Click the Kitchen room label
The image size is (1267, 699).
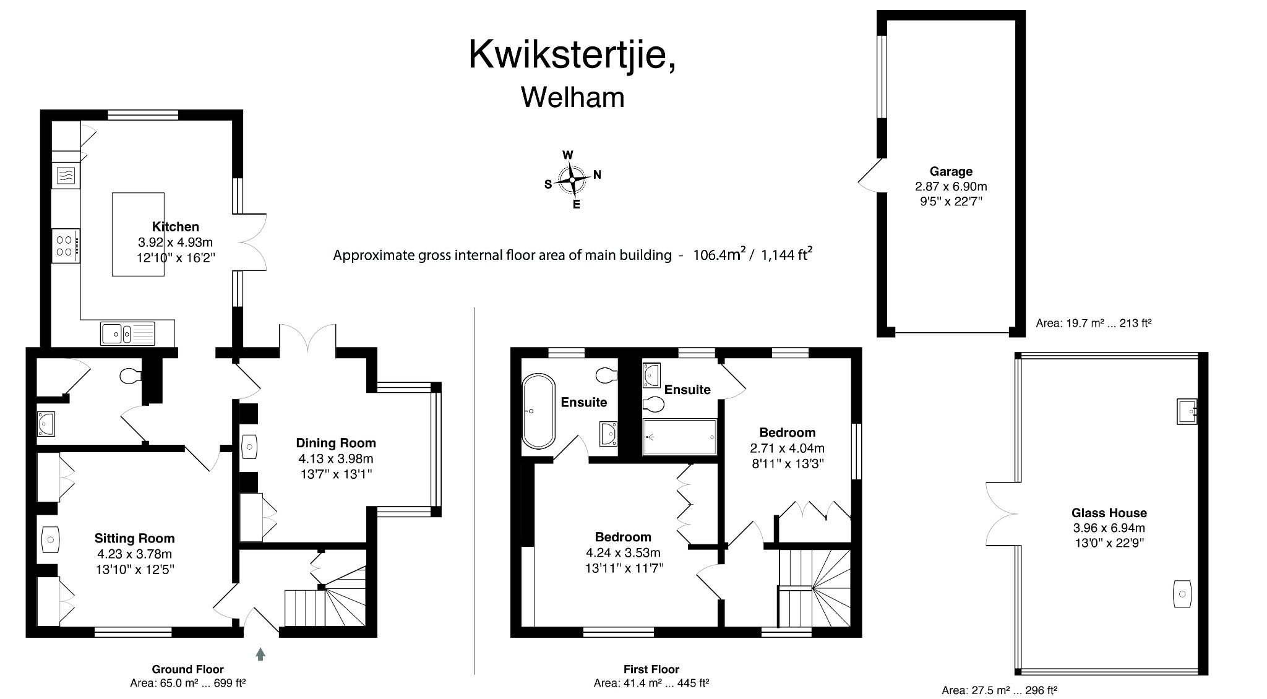point(176,226)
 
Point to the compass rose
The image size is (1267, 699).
point(572,180)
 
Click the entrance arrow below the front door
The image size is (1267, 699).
point(260,654)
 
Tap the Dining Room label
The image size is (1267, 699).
point(336,443)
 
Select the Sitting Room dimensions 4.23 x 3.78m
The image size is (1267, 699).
point(134,554)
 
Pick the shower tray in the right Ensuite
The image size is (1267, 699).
point(679,437)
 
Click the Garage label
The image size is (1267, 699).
point(951,171)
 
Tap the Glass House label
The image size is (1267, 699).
point(1109,513)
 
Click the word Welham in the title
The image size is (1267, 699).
point(572,98)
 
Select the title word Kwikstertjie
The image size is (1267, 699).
point(570,55)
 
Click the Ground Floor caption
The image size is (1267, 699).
point(187,669)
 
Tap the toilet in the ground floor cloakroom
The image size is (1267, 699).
point(131,376)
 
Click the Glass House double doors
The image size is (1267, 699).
point(1000,513)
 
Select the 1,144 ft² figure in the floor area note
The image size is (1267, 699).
point(786,254)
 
